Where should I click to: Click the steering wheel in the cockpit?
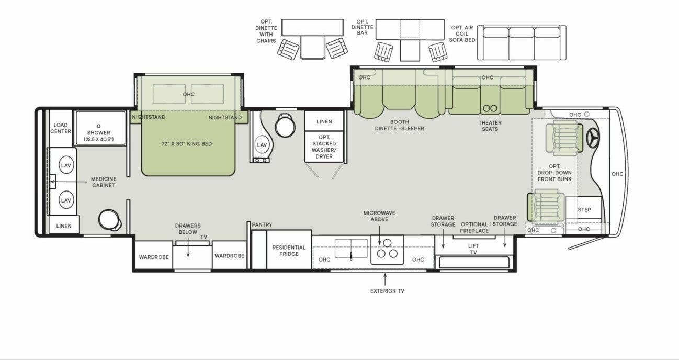coord(593,137)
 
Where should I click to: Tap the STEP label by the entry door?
coord(584,210)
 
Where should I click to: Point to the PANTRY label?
coord(262,225)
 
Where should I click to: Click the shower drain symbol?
coord(98,126)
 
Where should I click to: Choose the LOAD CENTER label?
coord(61,128)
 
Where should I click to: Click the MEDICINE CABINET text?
coord(103,182)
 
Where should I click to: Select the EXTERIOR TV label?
coord(387,290)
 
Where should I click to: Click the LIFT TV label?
coord(473,249)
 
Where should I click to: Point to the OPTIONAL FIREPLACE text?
coord(474,228)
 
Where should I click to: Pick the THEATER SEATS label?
coord(490,126)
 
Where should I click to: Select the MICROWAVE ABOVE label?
coord(379,216)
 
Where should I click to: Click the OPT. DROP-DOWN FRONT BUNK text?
coord(554,173)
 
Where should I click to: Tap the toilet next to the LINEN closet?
coord(286,126)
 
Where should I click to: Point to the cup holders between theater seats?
coord(490,108)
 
